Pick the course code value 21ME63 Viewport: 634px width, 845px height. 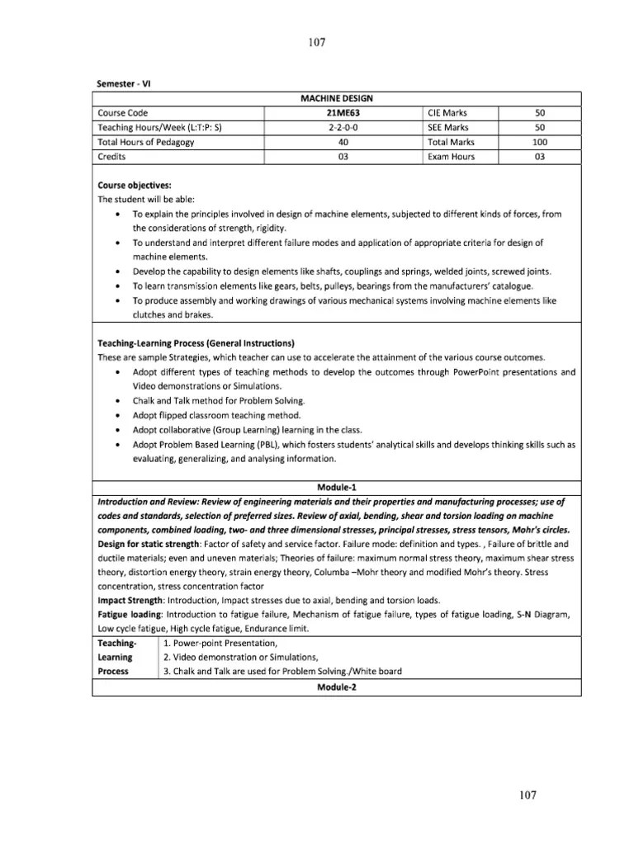pos(343,112)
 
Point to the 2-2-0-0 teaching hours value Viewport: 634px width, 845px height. pos(343,127)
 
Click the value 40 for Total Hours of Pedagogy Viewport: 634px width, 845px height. pos(343,142)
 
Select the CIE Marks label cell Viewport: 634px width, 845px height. pos(451,112)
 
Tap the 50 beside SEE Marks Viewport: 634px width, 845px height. pos(540,127)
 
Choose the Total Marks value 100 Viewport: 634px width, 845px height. pos(540,142)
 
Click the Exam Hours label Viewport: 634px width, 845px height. pos(451,157)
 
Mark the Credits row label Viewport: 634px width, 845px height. pos(111,157)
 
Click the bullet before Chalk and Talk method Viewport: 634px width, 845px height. pos(121,400)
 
